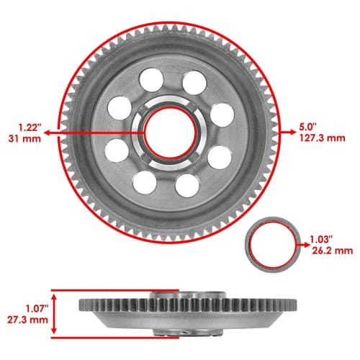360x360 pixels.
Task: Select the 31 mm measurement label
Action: pos(24,139)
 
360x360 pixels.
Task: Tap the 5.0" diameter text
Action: pos(308,127)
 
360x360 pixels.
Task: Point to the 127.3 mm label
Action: pos(323,138)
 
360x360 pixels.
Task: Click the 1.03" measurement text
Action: pos(321,240)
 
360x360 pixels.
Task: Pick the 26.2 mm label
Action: pos(333,251)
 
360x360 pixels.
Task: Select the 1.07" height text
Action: pos(37,308)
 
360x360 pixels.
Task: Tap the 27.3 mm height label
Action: pos(27,320)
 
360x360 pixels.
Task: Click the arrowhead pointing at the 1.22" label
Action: pos(48,132)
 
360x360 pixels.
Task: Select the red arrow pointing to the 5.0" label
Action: pos(288,132)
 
